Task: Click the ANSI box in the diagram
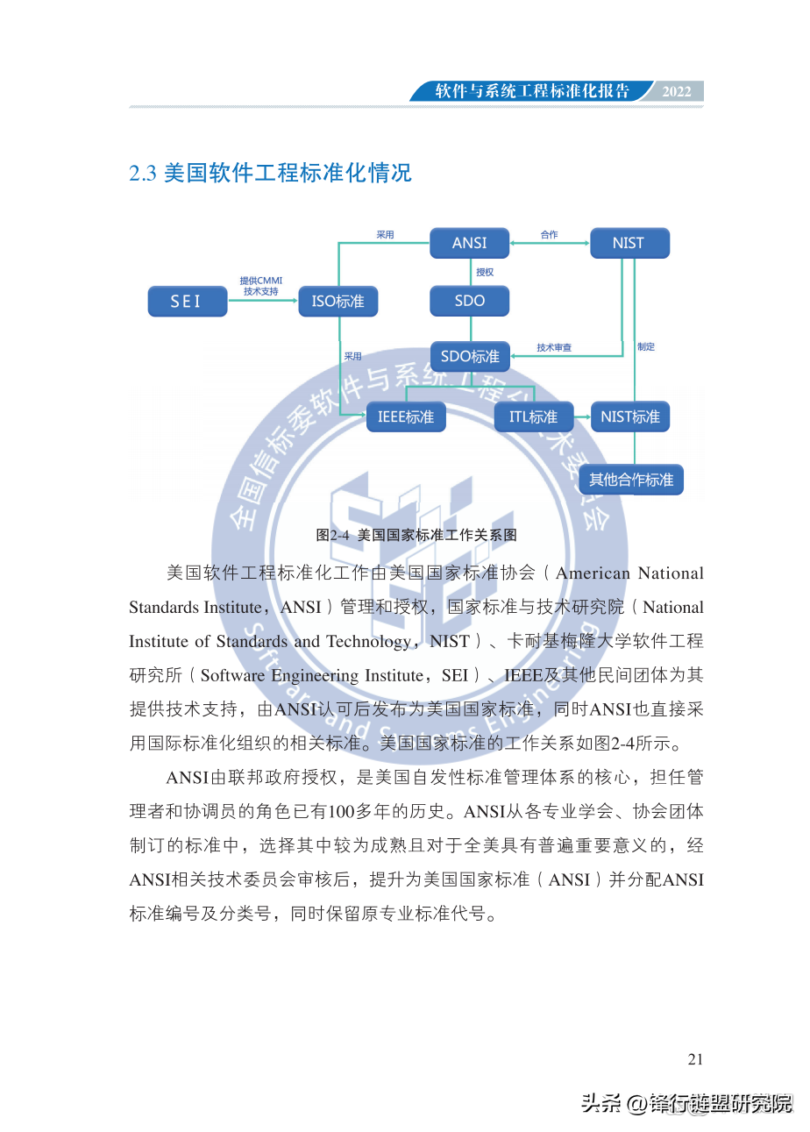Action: [469, 243]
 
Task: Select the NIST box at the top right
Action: [629, 243]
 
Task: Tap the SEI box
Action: [186, 302]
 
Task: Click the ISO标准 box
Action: [338, 302]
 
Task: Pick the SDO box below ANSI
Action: [469, 301]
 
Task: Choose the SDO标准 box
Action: [469, 356]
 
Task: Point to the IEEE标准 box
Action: [406, 416]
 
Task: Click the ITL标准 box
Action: [533, 416]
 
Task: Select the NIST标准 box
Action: [629, 416]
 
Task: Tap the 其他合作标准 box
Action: [630, 480]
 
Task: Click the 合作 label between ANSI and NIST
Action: [549, 235]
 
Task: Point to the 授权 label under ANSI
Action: [485, 273]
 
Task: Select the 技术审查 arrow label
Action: [554, 348]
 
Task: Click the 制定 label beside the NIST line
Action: [646, 347]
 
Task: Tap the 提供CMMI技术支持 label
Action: [261, 286]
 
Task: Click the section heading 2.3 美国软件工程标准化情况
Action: [270, 173]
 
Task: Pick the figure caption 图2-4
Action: [416, 534]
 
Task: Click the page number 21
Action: [695, 1059]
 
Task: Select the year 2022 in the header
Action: [677, 92]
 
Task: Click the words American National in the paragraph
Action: [629, 573]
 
